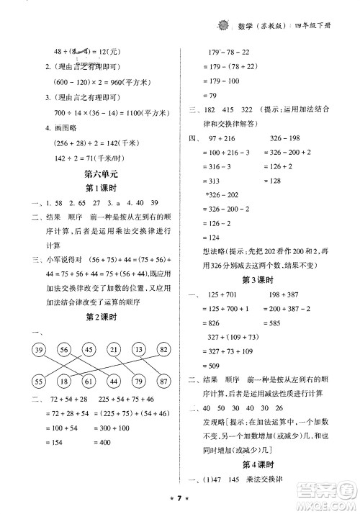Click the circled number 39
pos(35,350)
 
